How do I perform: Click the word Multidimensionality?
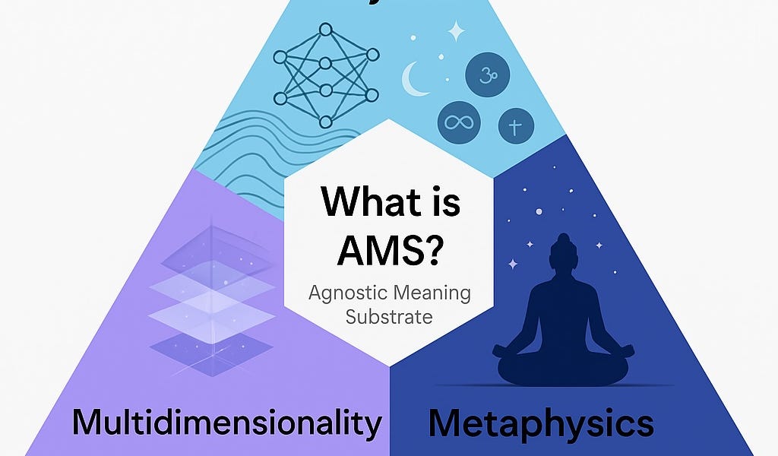(x=227, y=423)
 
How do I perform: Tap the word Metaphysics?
(x=540, y=423)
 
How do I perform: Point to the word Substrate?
(x=389, y=315)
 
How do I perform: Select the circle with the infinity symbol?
(x=459, y=122)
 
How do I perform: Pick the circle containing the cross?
(x=516, y=126)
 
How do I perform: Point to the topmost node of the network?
(x=326, y=30)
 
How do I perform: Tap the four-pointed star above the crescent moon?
(x=456, y=31)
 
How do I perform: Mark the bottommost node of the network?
(x=326, y=122)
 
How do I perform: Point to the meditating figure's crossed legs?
(x=563, y=366)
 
